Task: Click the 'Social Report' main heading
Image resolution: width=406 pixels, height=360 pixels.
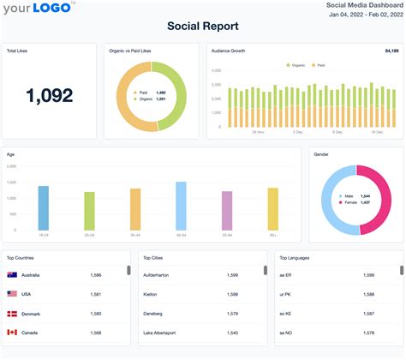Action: pos(202,26)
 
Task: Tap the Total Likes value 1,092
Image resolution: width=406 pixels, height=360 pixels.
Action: pos(49,96)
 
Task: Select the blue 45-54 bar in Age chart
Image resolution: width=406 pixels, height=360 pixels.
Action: pos(181,206)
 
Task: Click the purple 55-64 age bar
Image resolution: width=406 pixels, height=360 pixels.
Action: pos(227,211)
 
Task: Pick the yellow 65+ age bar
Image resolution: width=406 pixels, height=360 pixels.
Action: pos(272,209)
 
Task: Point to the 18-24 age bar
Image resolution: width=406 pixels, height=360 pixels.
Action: pos(44,208)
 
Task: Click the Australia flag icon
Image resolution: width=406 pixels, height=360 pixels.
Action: pos(13,275)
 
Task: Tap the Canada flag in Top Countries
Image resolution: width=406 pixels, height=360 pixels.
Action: pos(13,333)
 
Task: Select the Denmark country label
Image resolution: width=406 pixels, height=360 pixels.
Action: pos(32,314)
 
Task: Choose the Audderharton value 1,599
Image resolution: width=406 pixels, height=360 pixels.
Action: pos(232,275)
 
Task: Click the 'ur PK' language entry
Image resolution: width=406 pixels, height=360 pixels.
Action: pos(286,294)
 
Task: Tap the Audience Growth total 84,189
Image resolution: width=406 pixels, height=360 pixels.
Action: pos(388,51)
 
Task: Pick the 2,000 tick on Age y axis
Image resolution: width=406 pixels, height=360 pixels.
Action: pos(12,180)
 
